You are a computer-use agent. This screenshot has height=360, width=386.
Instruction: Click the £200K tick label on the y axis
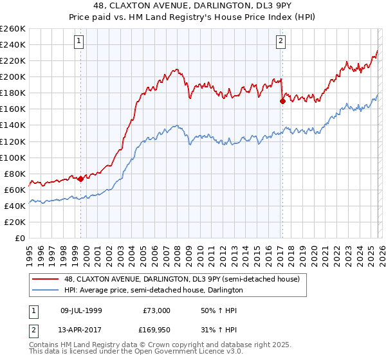pyautogui.click(x=13, y=76)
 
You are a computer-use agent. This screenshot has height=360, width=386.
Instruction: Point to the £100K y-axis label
pyautogui.click(x=13, y=157)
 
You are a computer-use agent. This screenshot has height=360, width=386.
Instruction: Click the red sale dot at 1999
pyautogui.click(x=80, y=179)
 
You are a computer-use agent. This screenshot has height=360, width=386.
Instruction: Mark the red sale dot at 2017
pyautogui.click(x=282, y=101)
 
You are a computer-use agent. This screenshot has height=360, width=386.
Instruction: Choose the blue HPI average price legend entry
pyautogui.click(x=153, y=291)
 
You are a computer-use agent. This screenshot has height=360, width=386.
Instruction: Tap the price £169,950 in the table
pyautogui.click(x=155, y=329)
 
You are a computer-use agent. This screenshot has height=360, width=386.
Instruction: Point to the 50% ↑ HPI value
pyautogui.click(x=218, y=310)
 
